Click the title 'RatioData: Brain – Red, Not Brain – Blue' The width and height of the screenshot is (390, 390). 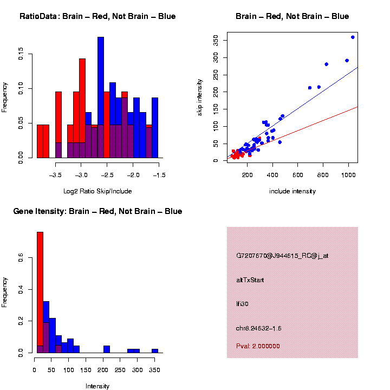click(97, 16)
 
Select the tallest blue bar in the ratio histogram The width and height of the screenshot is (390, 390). click(101, 97)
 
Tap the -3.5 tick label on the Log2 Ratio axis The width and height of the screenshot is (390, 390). click(55, 175)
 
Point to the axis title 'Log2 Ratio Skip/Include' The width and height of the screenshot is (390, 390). click(97, 191)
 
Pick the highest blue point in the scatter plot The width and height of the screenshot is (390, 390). click(353, 37)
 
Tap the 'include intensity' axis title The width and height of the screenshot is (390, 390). click(292, 191)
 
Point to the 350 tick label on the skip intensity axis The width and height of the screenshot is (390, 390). click(215, 41)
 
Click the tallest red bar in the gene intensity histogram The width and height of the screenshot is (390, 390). click(40, 292)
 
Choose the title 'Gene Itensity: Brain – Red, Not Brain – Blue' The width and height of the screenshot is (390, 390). click(97, 211)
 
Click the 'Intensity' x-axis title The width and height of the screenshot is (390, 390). click(97, 386)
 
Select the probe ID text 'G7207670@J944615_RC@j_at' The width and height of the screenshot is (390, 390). click(282, 256)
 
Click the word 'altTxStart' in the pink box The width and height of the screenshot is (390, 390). click(250, 280)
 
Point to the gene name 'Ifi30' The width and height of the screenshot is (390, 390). click(242, 304)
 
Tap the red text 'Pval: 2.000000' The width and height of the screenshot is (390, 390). click(258, 346)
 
